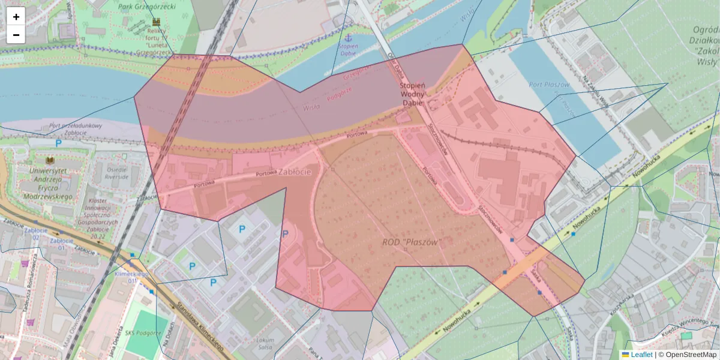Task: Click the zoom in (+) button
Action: click(16, 17)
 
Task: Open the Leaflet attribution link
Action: click(641, 355)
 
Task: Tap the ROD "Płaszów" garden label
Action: click(412, 242)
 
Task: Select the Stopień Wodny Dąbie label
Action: click(412, 94)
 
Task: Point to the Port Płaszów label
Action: click(549, 85)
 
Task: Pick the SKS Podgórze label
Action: click(143, 333)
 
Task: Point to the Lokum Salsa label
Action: click(265, 343)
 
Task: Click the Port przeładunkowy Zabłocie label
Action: click(76, 126)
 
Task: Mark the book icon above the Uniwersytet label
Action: click(50, 161)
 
